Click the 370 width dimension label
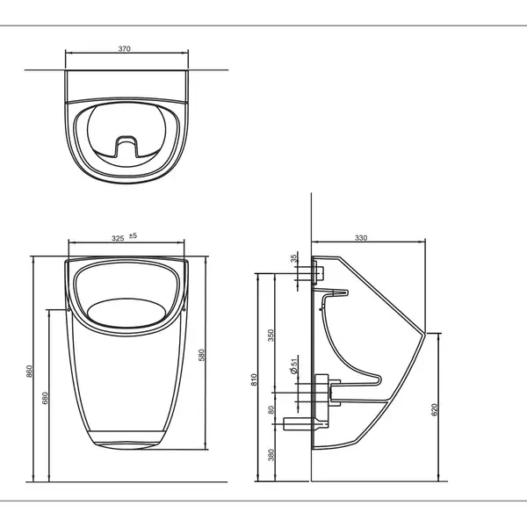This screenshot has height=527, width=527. click(x=124, y=48)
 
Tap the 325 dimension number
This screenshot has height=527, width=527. click(x=118, y=238)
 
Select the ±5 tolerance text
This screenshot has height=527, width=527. click(x=134, y=235)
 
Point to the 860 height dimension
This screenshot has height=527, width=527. click(x=30, y=371)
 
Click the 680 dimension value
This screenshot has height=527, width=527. click(x=46, y=398)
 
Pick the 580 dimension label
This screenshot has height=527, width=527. click(x=201, y=355)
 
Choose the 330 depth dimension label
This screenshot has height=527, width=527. click(x=361, y=238)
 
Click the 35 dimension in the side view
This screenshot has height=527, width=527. click(x=294, y=258)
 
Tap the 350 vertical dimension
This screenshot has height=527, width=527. click(x=271, y=336)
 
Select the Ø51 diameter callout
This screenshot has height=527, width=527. click(x=293, y=366)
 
